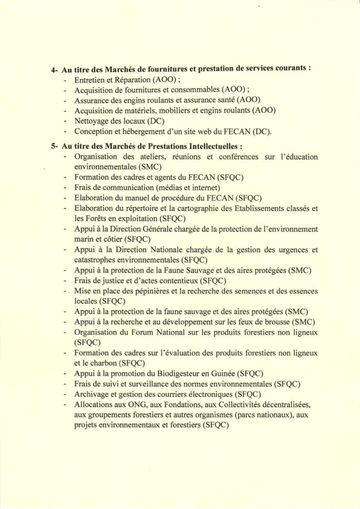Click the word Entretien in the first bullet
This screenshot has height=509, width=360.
coord(89,80)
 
